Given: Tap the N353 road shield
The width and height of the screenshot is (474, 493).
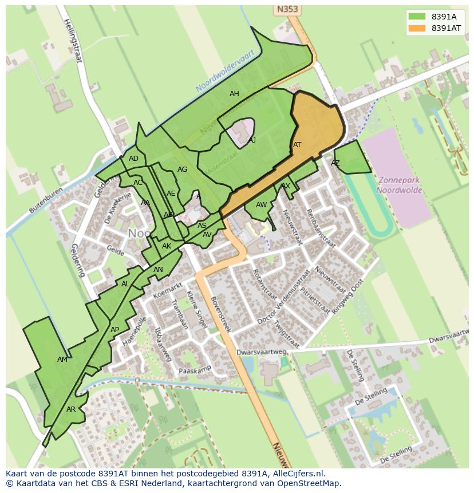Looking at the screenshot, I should (x=287, y=10).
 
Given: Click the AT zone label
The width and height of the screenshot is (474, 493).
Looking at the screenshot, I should (x=297, y=145).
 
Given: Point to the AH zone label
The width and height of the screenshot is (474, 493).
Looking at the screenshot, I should (x=234, y=94).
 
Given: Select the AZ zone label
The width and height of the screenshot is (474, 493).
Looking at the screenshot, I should (x=335, y=163).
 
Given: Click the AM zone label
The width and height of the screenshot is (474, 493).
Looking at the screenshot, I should (x=62, y=360).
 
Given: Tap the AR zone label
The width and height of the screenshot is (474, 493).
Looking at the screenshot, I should (x=71, y=409).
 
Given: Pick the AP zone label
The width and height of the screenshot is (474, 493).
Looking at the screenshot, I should (x=114, y=330).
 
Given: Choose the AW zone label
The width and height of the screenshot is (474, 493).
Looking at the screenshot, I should (x=261, y=205).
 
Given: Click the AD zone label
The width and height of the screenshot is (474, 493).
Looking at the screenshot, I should (x=133, y=159).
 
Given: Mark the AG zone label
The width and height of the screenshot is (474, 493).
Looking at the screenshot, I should (x=182, y=169).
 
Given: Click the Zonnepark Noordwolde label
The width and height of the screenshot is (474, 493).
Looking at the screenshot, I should (x=399, y=184).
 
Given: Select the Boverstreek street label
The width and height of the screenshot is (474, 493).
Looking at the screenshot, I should (x=220, y=314).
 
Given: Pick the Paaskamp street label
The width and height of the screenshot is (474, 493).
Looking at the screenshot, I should (x=195, y=370).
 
